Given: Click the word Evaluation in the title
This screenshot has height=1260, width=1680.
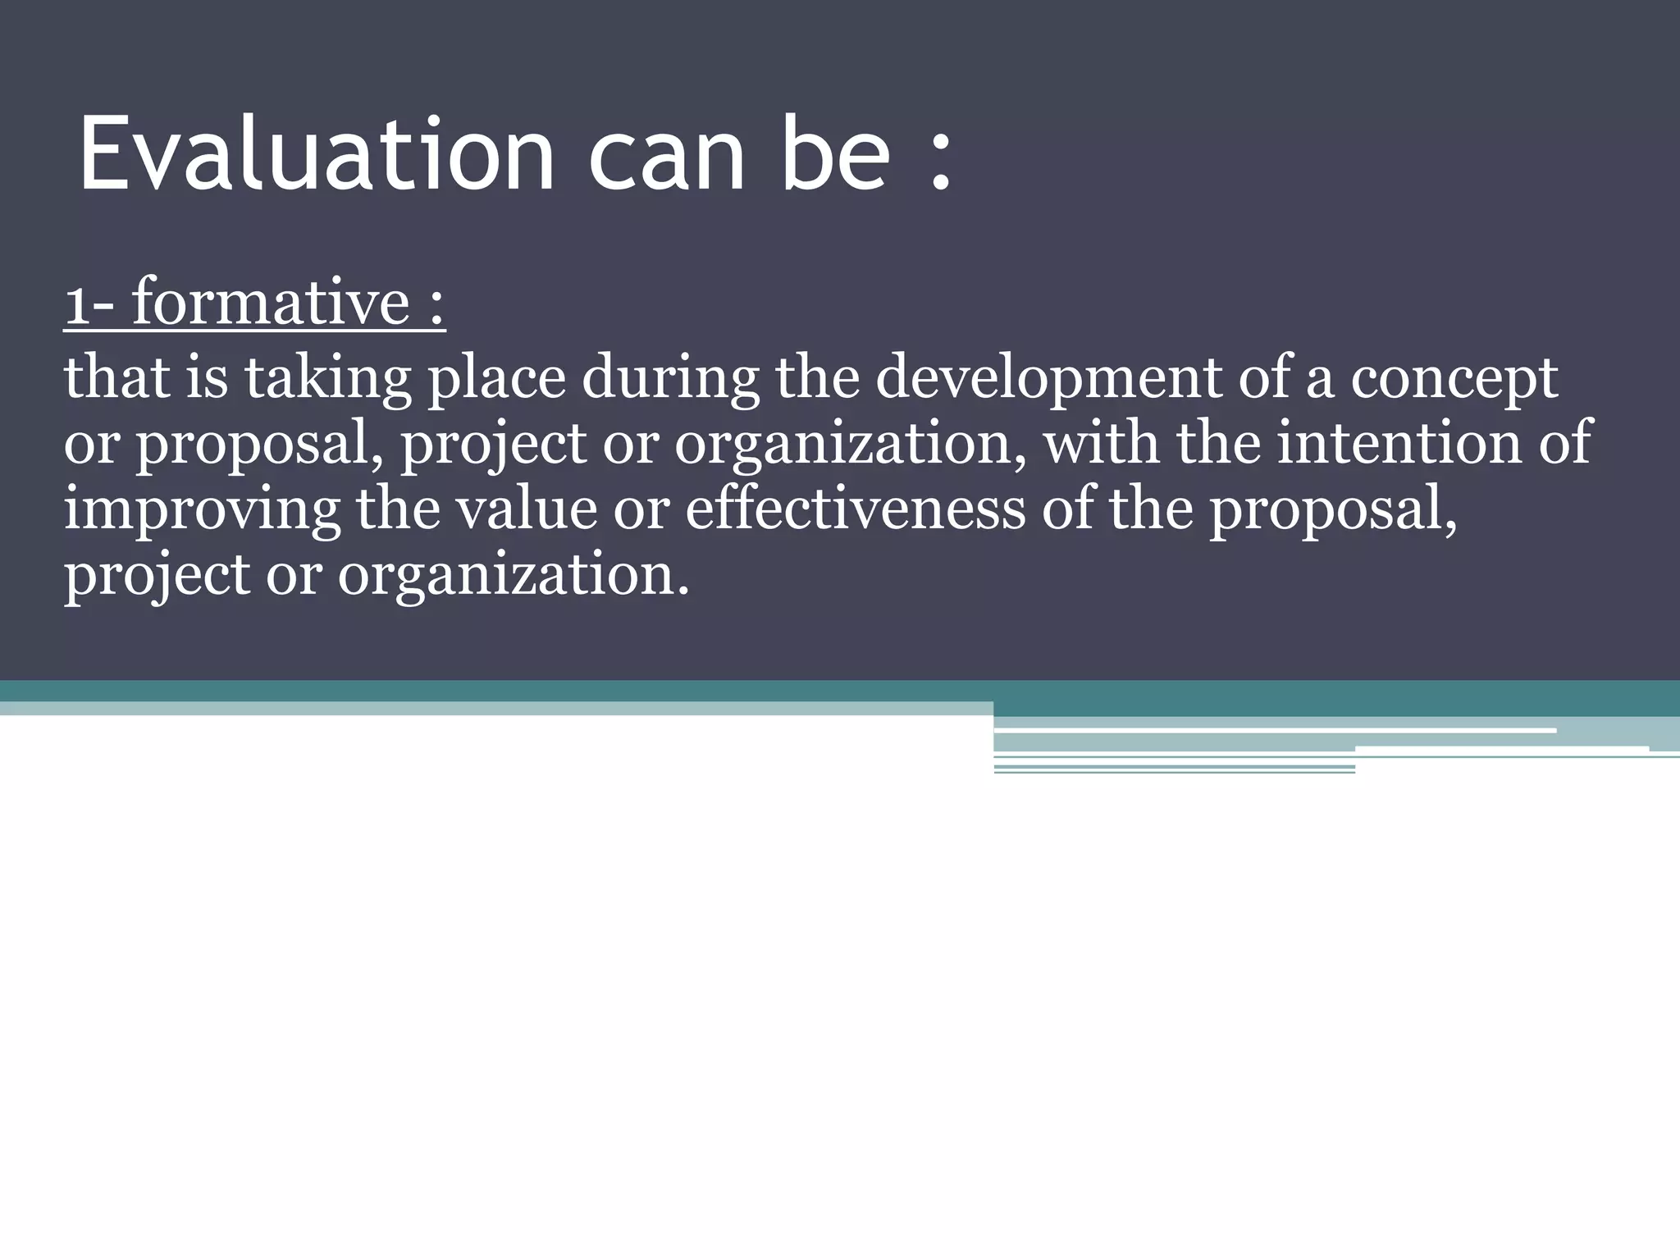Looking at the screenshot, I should [x=317, y=153].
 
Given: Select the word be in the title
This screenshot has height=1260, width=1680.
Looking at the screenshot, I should [x=835, y=153].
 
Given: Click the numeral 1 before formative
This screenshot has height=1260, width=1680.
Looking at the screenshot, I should [x=75, y=304].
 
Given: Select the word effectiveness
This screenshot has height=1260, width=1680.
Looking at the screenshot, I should [x=855, y=509].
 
